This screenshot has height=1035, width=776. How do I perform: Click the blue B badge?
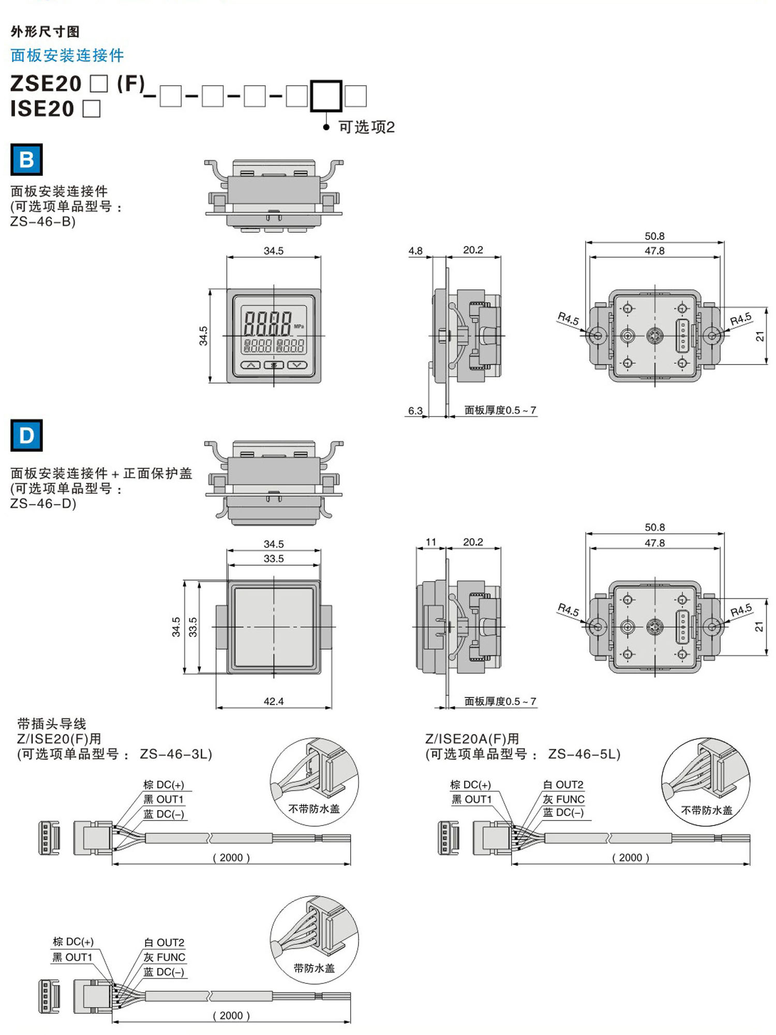26,160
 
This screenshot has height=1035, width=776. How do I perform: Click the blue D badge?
26,435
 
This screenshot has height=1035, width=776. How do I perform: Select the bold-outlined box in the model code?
326,96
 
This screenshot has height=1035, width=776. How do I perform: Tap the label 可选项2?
366,127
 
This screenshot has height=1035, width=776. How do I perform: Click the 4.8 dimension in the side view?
415,251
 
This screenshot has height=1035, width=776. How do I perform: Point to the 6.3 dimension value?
415,410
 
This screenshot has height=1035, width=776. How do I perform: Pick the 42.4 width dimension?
274,701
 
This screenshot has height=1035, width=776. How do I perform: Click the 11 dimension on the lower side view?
431,542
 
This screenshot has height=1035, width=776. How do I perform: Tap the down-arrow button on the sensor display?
297,365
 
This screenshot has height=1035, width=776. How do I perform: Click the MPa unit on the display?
299,326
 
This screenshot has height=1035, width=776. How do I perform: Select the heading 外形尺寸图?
45,32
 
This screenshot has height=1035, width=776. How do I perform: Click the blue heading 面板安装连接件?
67,55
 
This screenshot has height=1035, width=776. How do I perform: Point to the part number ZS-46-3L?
176,754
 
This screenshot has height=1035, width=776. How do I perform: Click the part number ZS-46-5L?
584,754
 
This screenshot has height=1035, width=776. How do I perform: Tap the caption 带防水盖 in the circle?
314,968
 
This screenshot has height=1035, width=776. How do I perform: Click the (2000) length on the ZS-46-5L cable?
630,857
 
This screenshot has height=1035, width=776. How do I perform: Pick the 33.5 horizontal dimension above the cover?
274,558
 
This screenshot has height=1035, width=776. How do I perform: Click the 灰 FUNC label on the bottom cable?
164,957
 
